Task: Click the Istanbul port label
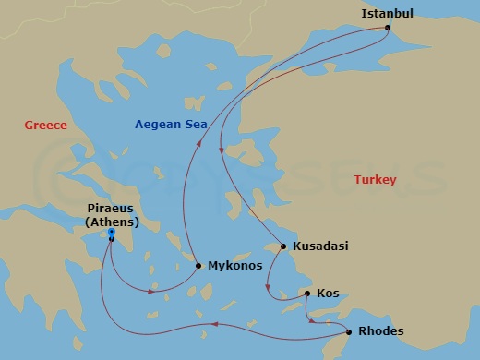tap(386, 13)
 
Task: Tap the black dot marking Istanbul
tap(388, 27)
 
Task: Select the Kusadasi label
tap(321, 246)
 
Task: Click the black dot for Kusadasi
tap(283, 246)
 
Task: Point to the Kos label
tap(328, 294)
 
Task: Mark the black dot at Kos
tap(307, 294)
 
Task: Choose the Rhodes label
tap(379, 331)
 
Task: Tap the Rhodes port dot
tap(349, 331)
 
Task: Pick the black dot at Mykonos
tap(198, 266)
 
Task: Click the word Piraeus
tap(111, 209)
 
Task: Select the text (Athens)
tap(111, 222)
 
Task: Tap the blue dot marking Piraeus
tap(111, 234)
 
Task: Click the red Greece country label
tap(45, 126)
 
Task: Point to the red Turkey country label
tap(376, 180)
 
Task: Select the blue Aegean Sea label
tap(172, 125)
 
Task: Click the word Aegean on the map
tap(158, 125)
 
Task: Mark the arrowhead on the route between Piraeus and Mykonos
tap(151, 292)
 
